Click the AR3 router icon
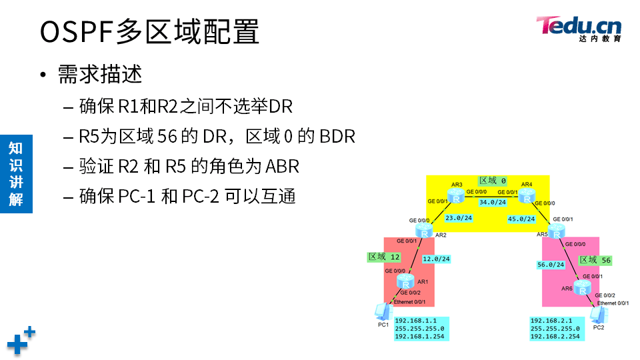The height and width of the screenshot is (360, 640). tap(457, 197)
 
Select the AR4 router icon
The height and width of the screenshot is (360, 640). tap(527, 196)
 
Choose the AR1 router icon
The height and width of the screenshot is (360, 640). tap(405, 282)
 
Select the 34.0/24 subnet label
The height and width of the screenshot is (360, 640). tap(492, 203)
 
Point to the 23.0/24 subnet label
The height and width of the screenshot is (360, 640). tap(459, 218)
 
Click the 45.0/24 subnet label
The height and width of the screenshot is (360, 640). tap(521, 219)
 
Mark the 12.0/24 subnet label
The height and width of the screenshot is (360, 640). tap(437, 259)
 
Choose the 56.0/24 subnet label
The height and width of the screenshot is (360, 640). tap(551, 265)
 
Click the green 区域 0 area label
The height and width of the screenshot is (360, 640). tap(493, 181)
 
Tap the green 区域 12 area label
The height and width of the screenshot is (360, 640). tap(384, 257)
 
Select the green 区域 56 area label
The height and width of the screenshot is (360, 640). tap(595, 260)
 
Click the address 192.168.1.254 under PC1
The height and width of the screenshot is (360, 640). tap(420, 337)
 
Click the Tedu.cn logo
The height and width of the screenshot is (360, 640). tap(579, 28)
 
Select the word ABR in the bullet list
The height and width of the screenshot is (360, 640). tap(283, 166)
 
